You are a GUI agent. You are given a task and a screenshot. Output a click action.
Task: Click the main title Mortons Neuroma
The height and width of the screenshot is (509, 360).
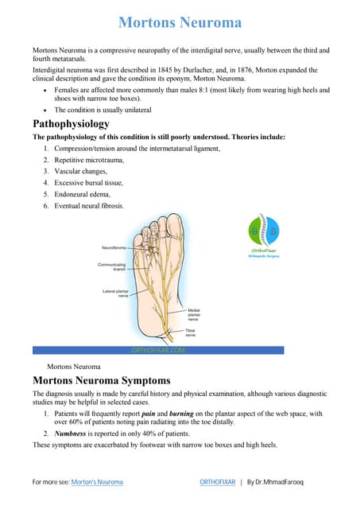pyautogui.click(x=180, y=21)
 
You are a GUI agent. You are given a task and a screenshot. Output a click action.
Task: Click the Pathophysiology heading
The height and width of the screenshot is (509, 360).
pyautogui.click(x=71, y=124)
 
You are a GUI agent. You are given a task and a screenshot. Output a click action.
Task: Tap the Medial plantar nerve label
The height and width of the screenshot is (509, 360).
pyautogui.click(x=199, y=313)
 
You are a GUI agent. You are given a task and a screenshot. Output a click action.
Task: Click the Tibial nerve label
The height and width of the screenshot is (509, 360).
pyautogui.click(x=195, y=332)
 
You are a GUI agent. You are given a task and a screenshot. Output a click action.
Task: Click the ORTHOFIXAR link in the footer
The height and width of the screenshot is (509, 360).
pyautogui.click(x=217, y=482)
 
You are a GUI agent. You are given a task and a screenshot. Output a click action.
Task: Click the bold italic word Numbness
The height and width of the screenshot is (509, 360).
pyautogui.click(x=71, y=433)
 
